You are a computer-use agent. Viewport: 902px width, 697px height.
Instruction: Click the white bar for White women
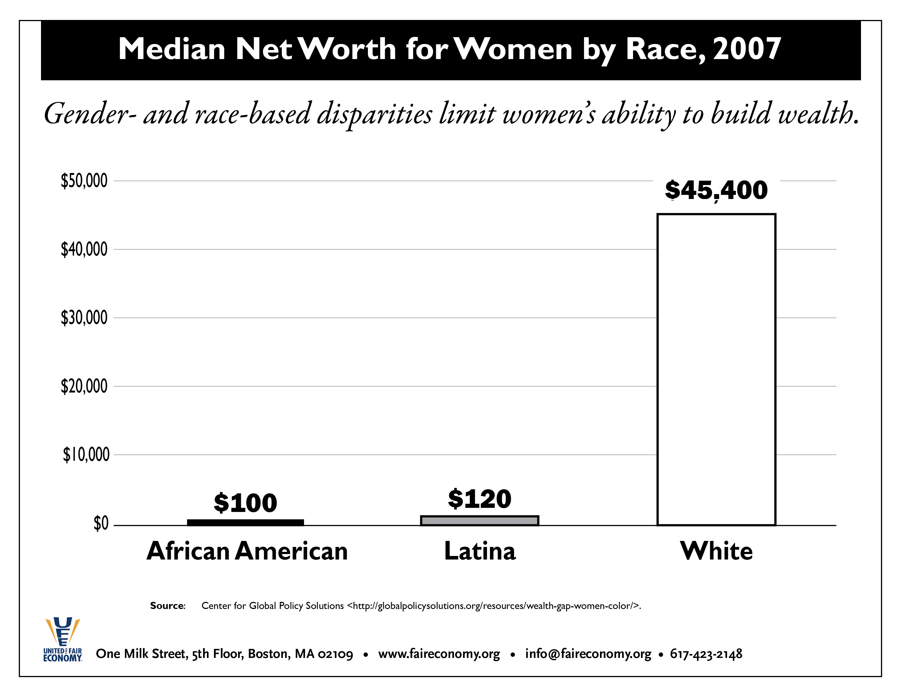(716, 370)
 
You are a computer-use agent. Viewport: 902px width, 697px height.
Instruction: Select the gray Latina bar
(479, 521)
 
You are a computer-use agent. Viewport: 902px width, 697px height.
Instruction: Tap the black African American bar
(245, 522)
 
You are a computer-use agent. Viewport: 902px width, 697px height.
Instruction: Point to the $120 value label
(479, 499)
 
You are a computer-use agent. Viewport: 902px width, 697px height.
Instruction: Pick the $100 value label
(245, 503)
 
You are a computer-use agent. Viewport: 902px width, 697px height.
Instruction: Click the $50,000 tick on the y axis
(84, 181)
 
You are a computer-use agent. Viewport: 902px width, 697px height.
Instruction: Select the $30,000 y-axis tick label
(84, 318)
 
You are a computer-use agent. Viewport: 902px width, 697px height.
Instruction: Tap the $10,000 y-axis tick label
(86, 455)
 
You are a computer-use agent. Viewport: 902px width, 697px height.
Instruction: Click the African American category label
(247, 551)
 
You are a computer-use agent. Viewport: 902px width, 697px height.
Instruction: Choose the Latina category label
(480, 551)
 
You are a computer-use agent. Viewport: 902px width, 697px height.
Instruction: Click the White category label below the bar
(716, 551)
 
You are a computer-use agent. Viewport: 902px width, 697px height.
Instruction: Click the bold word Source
(167, 606)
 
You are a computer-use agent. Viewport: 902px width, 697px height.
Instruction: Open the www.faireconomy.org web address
(439, 654)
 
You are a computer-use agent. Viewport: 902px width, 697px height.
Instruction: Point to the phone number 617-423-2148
(706, 654)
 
